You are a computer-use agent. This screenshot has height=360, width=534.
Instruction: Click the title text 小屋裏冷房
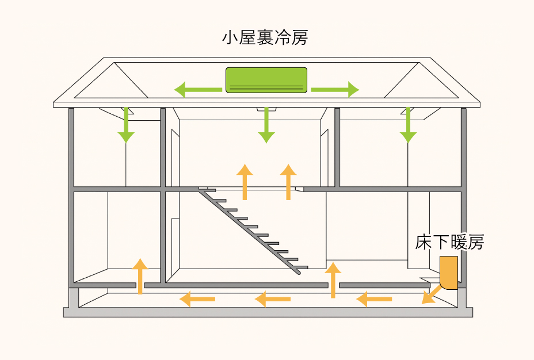coord(265,39)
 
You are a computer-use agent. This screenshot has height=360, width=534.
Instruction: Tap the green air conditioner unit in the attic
coord(266,80)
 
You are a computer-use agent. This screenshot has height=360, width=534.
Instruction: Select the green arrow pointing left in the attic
coord(198,89)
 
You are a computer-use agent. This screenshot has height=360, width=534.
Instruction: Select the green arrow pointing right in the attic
coord(335,89)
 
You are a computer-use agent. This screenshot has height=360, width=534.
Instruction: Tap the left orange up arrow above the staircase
coord(245,182)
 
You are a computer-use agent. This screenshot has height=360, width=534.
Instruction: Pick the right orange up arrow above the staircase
coord(288,182)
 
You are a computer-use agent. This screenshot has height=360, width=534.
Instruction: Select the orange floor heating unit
coord(448,273)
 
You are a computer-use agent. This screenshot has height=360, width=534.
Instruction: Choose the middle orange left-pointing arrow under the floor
coord(273,299)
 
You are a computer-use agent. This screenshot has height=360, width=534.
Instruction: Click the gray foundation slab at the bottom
coord(268,312)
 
